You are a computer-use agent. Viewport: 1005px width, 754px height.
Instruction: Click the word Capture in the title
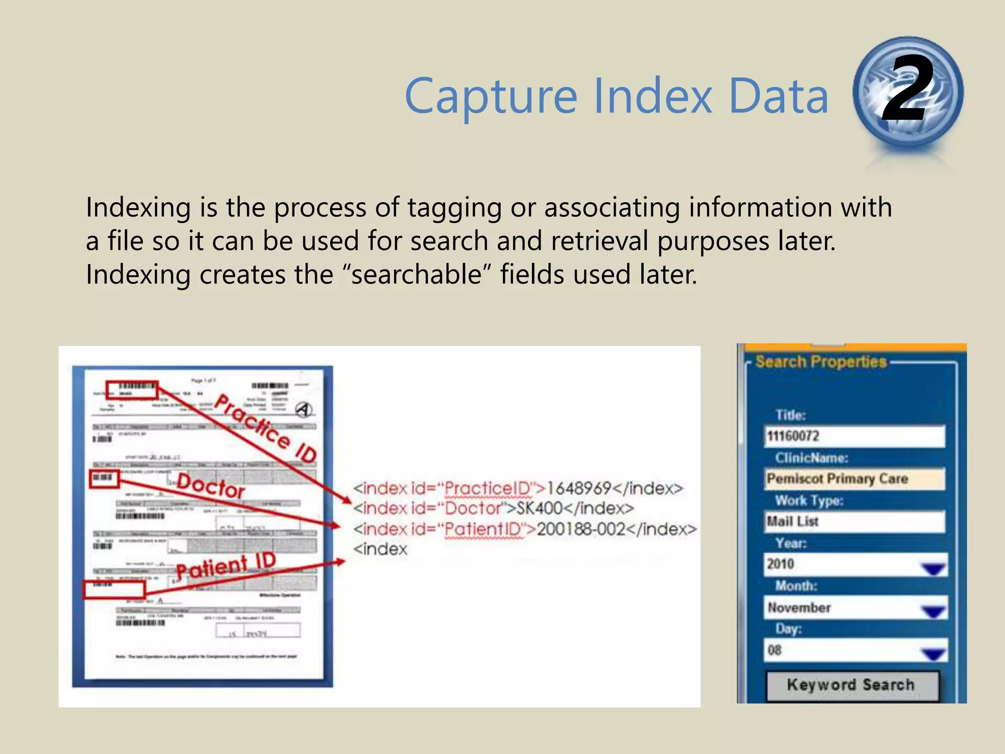pos(491,97)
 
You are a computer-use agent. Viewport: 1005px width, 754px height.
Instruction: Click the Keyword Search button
pos(852,685)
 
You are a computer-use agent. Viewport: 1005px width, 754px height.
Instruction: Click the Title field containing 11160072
pos(854,436)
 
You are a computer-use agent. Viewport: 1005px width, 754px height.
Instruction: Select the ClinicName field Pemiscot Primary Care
pos(854,479)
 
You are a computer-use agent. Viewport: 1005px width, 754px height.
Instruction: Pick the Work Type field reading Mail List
pos(854,521)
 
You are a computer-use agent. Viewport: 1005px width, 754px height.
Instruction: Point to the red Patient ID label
pos(226,565)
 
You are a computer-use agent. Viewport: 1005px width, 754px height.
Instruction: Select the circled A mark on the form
pos(304,409)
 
